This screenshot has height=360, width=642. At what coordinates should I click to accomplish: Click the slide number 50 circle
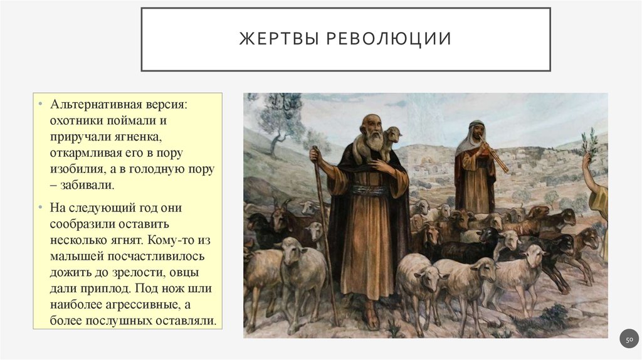point(629,339)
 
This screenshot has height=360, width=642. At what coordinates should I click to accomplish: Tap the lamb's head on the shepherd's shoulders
point(393,134)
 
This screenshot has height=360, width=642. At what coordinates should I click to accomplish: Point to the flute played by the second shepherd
point(495,157)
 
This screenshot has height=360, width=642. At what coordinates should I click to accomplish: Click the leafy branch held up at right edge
point(589,144)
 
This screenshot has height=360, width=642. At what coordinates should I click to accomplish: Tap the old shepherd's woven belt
point(369,189)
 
